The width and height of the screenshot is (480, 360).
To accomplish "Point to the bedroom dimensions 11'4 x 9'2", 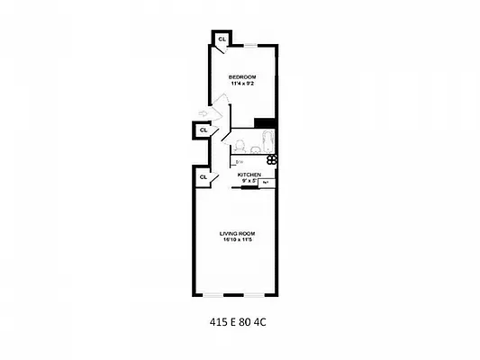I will click(x=242, y=84).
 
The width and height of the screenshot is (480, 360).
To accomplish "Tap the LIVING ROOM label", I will click(x=239, y=233).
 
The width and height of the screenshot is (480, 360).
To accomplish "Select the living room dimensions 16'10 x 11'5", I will click(x=239, y=241).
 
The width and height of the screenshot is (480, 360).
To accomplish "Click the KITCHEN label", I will click(x=249, y=174).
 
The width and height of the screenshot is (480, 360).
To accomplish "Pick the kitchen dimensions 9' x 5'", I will click(x=249, y=181).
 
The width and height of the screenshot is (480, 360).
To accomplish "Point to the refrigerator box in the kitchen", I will click(x=267, y=182).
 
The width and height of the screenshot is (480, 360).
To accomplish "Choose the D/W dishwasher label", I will click(x=239, y=162).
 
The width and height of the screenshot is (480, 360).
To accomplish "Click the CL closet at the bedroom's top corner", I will click(x=222, y=39).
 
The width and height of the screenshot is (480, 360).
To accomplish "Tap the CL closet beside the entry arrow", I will click(x=204, y=130).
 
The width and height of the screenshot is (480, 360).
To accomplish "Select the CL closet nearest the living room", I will click(x=204, y=177).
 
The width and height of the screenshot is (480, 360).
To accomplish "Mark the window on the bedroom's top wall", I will click(x=255, y=44).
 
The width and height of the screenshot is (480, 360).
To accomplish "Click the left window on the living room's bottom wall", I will click(x=214, y=295).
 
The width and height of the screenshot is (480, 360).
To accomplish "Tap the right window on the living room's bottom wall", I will click(x=255, y=295).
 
